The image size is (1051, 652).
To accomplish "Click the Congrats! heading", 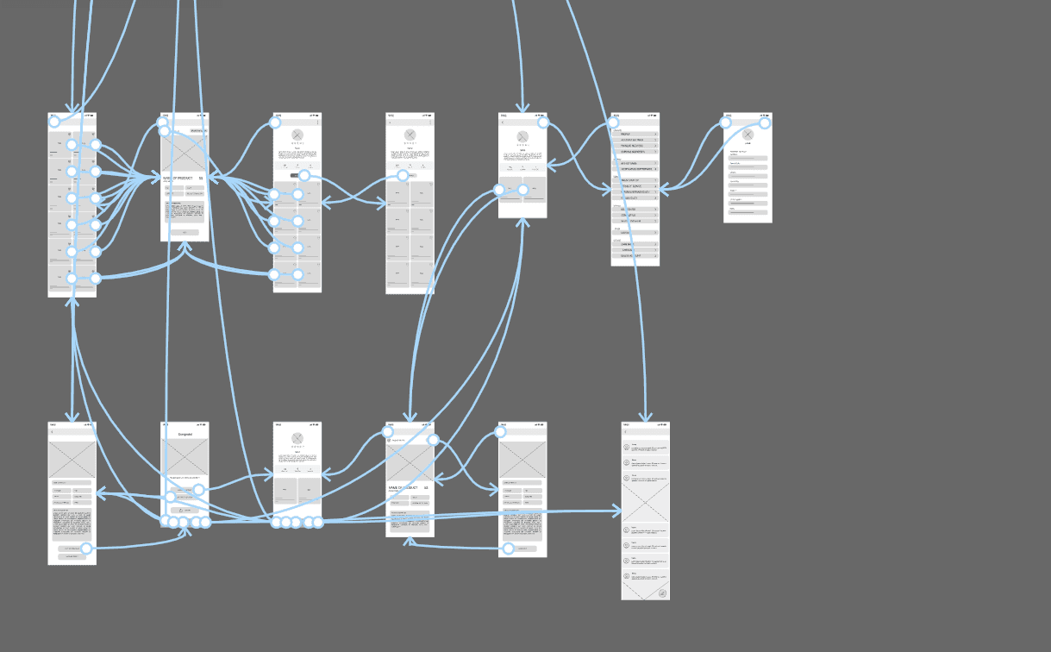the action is pos(185,434).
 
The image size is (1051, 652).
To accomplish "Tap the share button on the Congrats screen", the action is pos(185,510).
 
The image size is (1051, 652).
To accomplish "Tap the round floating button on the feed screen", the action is pos(661,592).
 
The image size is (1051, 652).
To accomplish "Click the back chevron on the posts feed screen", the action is pos(625,432).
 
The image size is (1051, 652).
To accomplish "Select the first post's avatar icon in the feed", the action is pos(627,447).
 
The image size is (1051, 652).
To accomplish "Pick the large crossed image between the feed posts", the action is pos(645,501).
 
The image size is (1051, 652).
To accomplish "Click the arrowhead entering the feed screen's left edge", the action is pos(617,512).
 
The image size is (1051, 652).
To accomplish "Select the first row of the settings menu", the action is pos(635,135).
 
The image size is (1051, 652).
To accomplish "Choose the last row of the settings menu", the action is pos(635,256).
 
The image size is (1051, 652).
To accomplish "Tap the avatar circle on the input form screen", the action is pos(748,135).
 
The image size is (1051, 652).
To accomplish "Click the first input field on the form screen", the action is pos(748,157).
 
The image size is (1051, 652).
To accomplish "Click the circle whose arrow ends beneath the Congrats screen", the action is pos(86,548).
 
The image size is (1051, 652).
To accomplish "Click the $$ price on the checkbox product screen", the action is pos(426,487).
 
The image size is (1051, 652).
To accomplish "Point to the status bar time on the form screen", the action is pos(729,116).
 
